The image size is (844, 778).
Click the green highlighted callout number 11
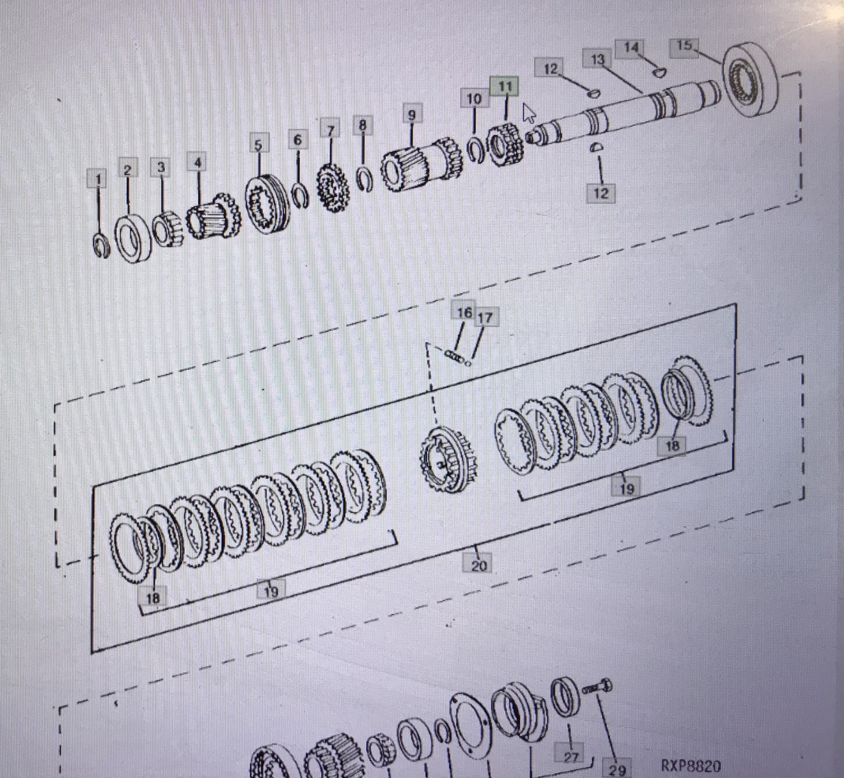[x=504, y=87]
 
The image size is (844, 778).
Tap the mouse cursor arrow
[x=528, y=113]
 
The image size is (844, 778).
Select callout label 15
[x=684, y=46]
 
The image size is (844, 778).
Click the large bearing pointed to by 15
[x=751, y=80]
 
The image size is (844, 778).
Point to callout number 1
[x=98, y=179]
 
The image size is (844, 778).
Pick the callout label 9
[x=411, y=114]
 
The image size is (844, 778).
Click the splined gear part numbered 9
[x=420, y=164]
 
